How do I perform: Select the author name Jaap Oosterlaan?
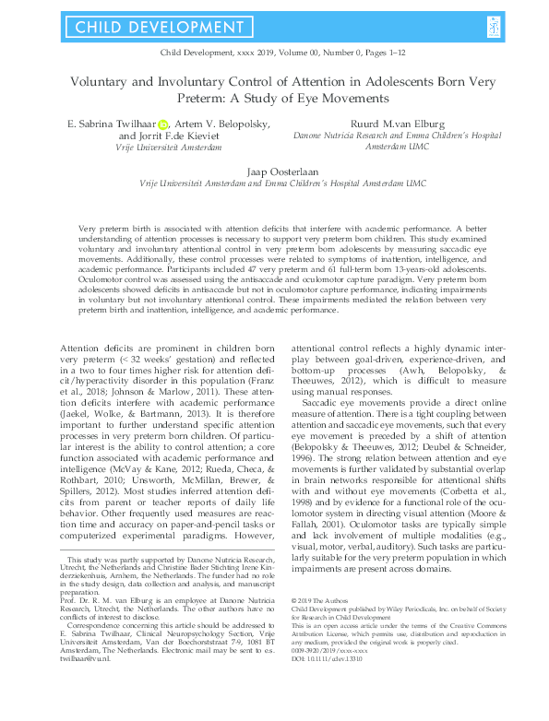click(275, 171)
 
